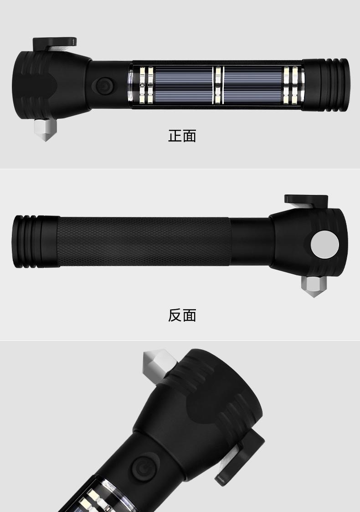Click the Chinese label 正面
(182, 136)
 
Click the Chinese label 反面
(182, 315)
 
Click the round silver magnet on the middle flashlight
(324, 245)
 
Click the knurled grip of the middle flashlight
(144, 241)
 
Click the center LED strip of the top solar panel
(218, 85)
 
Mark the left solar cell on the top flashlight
(182, 85)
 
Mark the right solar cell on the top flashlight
(253, 85)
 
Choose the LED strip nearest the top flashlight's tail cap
(290, 85)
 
